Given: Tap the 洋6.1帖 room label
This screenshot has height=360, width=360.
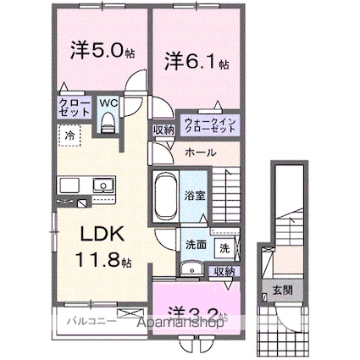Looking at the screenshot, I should click(197, 60).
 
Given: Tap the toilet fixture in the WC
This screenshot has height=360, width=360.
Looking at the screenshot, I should click(108, 124).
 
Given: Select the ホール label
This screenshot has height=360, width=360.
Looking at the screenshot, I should click(200, 152).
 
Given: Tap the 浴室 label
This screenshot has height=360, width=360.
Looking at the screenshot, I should click(195, 194).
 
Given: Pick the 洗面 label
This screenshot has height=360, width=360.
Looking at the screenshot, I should click(196, 246).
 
